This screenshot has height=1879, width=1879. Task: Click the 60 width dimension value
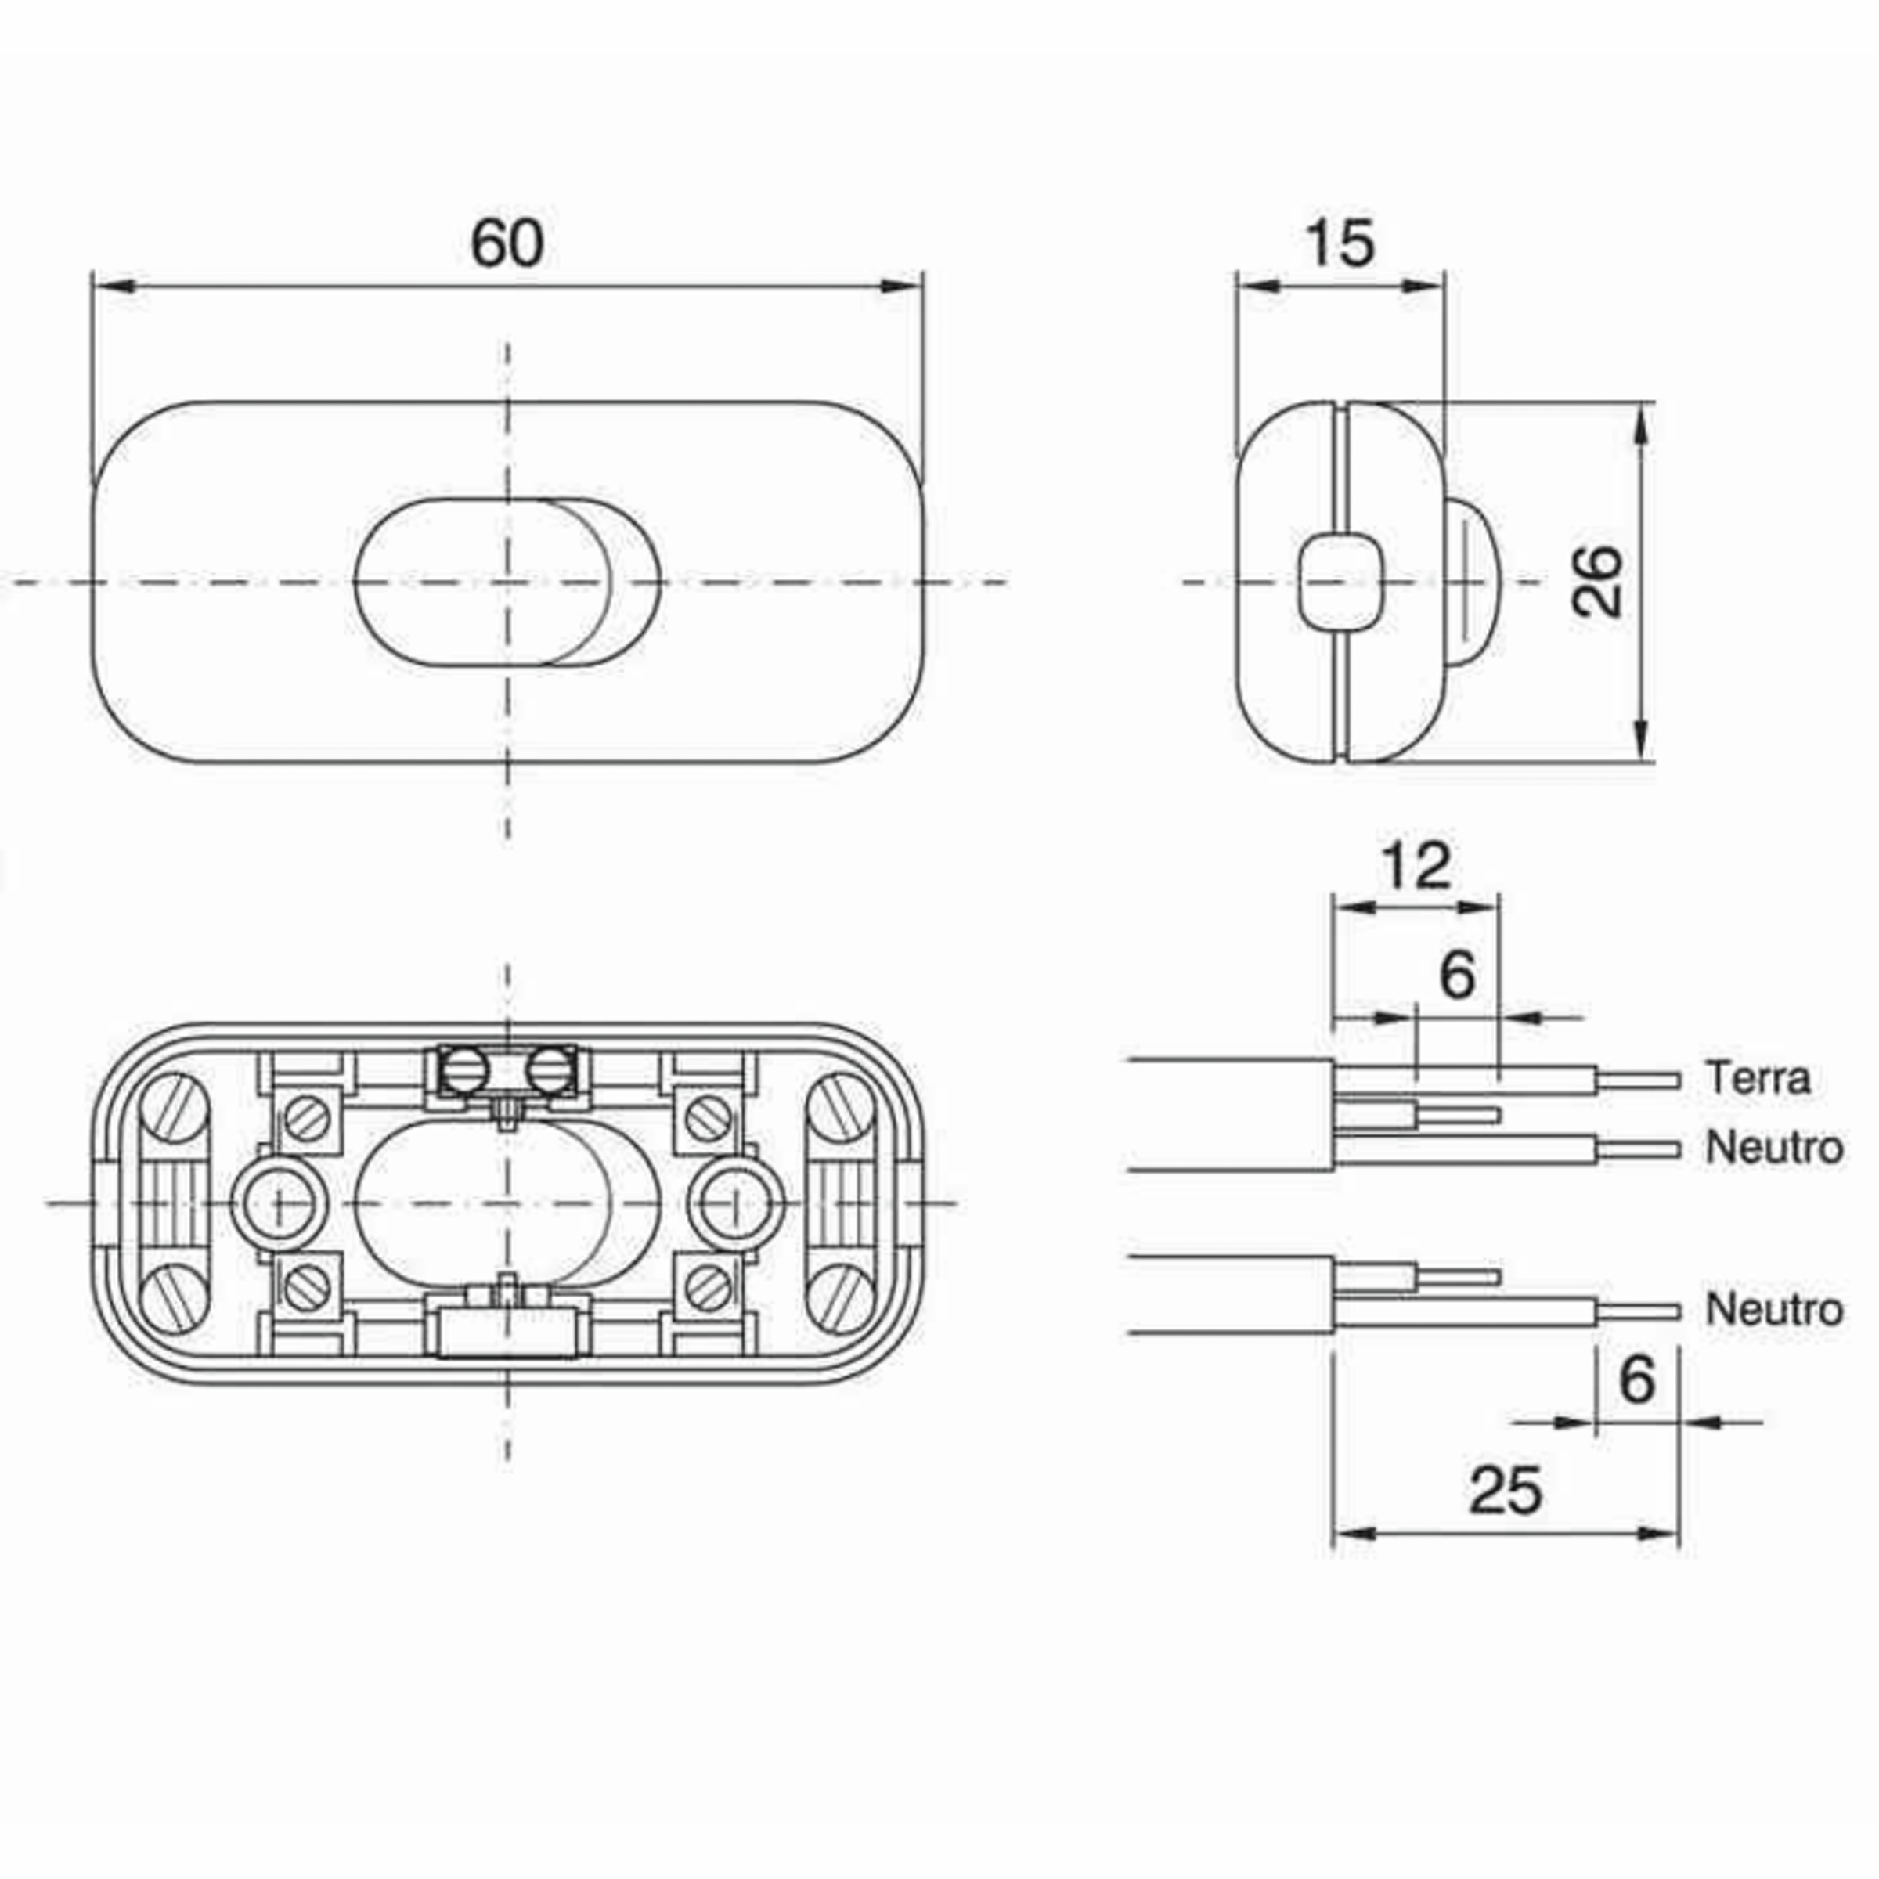[507, 244]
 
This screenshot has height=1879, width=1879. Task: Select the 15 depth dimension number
[1340, 244]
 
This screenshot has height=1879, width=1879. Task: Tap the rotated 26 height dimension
[1598, 581]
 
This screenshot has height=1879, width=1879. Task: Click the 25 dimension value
[1506, 1490]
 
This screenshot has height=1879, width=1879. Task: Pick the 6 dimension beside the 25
[1637, 1379]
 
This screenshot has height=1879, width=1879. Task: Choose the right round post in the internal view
[735, 1204]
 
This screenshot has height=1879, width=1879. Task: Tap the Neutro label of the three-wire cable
[1774, 1149]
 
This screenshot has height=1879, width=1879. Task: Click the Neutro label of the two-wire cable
[1774, 1310]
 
